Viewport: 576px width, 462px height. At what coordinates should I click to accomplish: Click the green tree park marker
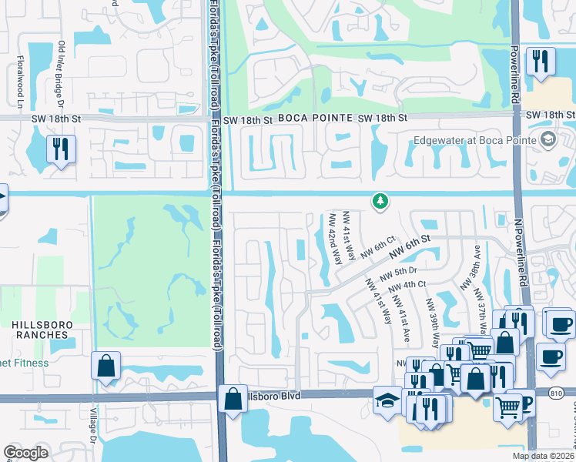(x=379, y=202)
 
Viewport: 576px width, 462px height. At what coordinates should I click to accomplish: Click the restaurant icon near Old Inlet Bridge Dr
(x=59, y=148)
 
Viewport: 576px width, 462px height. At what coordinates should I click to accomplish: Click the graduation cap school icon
(x=385, y=400)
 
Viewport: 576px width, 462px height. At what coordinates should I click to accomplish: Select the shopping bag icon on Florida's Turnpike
(x=233, y=399)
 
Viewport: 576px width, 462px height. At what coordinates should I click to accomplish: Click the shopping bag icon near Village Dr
(x=105, y=366)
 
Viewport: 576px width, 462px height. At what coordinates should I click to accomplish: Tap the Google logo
(x=26, y=452)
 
